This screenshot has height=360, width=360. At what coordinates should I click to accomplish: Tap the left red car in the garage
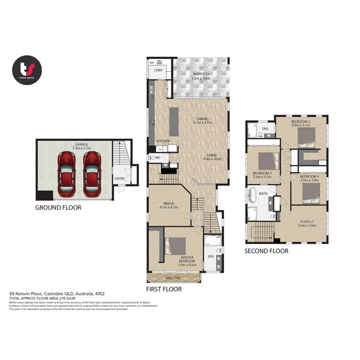tap(67, 174)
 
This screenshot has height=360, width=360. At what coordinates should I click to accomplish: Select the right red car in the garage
tap(93, 174)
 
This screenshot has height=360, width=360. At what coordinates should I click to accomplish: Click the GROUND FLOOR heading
tap(58, 208)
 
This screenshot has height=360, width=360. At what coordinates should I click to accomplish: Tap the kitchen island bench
tap(174, 122)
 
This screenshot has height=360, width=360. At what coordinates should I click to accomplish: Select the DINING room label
tap(203, 118)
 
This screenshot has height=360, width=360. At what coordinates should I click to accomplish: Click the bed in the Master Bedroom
tap(176, 246)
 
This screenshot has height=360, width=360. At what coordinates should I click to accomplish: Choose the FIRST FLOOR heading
tap(164, 289)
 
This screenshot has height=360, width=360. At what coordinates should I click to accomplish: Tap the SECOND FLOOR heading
tap(266, 251)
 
